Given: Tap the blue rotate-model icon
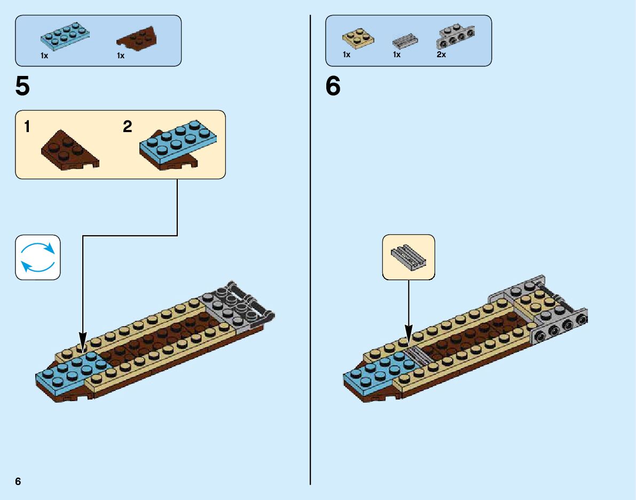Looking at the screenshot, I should pyautogui.click(x=38, y=257).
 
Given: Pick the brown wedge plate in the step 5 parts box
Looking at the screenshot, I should pyautogui.click(x=137, y=39).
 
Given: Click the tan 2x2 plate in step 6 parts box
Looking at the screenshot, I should pyautogui.click(x=358, y=39).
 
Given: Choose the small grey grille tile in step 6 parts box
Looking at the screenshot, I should pyautogui.click(x=405, y=41).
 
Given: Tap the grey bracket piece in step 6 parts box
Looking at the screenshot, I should pyautogui.click(x=456, y=36).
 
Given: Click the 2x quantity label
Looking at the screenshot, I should pyautogui.click(x=441, y=55).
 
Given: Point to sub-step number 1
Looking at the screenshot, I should pyautogui.click(x=27, y=127).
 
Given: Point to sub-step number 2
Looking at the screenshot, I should pyautogui.click(x=127, y=127).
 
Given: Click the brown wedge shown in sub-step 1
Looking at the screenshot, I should pyautogui.click(x=68, y=148).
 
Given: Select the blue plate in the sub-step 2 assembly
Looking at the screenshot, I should pyautogui.click(x=179, y=140).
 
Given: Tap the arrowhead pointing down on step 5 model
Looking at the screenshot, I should pyautogui.click(x=83, y=340).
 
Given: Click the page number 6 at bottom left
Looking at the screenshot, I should pyautogui.click(x=18, y=481).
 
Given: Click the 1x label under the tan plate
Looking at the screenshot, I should pyautogui.click(x=347, y=55).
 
